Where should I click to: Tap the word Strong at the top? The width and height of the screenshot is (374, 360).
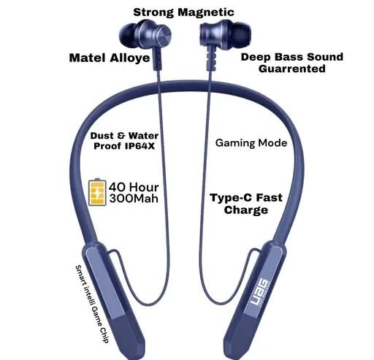[x=153, y=12]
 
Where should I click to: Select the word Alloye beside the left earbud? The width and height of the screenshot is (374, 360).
[x=130, y=58]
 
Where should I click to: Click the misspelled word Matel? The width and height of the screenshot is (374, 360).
[x=88, y=58]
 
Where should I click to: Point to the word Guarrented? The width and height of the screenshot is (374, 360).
[x=292, y=69]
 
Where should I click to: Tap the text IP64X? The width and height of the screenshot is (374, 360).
[x=140, y=146]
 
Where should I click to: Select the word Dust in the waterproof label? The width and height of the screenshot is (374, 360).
[x=102, y=136]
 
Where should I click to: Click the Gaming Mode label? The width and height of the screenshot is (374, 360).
[x=251, y=143]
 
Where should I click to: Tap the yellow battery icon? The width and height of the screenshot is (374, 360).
[x=97, y=192]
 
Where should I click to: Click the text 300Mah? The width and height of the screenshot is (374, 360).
[x=134, y=199]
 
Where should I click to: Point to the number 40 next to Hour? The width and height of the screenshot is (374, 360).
[x=118, y=187]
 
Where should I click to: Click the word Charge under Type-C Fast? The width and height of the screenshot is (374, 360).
[x=246, y=210]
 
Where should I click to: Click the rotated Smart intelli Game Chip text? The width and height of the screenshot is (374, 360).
[x=92, y=305]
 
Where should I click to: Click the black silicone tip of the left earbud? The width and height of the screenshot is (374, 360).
[x=128, y=37]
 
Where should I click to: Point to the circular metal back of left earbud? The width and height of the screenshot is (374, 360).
[x=163, y=35]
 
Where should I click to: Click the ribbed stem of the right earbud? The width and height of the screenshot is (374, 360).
[x=211, y=58]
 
